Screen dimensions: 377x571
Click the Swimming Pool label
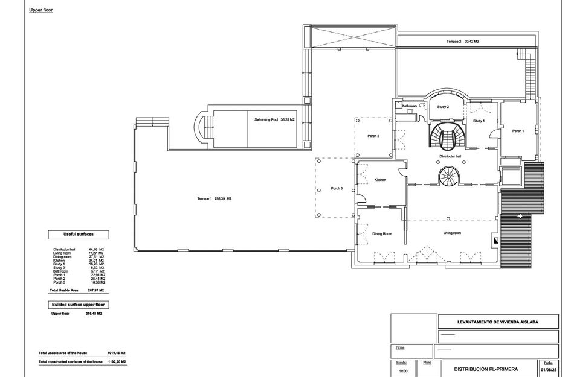[x=274, y=120]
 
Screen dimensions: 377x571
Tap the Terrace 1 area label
[x=215, y=199]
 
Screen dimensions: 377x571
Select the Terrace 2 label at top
[x=463, y=42]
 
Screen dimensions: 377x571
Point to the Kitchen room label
[x=380, y=180]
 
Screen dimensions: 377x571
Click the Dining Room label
[x=381, y=233]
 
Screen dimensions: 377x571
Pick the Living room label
[x=452, y=233]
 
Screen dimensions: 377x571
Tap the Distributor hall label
[x=450, y=156]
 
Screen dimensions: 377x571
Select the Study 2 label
[x=443, y=107]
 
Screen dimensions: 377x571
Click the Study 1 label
[x=479, y=121]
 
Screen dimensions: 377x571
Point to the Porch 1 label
[x=518, y=131]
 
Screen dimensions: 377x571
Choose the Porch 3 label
[x=337, y=188]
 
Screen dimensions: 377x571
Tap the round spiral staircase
[x=448, y=176]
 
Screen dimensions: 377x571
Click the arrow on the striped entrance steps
[x=521, y=216]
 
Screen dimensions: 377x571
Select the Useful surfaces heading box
[x=79, y=234]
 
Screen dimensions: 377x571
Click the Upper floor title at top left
[x=40, y=10]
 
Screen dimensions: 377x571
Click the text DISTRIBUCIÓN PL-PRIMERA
[x=486, y=369]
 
